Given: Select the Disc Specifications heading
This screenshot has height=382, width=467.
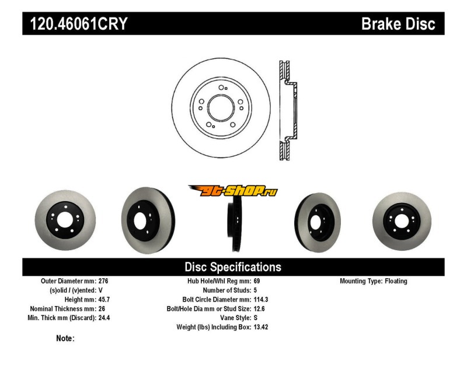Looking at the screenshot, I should pyautogui.click(x=233, y=267).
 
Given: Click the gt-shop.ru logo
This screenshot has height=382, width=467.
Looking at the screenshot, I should pyautogui.click(x=232, y=191).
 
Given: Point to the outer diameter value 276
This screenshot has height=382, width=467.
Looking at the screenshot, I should pyautogui.click(x=104, y=281).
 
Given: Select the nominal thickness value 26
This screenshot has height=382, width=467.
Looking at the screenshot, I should pyautogui.click(x=102, y=309).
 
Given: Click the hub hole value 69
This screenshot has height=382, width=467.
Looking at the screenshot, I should pyautogui.click(x=257, y=281).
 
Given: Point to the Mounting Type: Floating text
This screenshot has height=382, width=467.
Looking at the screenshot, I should pyautogui.click(x=374, y=281).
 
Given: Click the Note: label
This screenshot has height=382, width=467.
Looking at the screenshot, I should pyautogui.click(x=65, y=338).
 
